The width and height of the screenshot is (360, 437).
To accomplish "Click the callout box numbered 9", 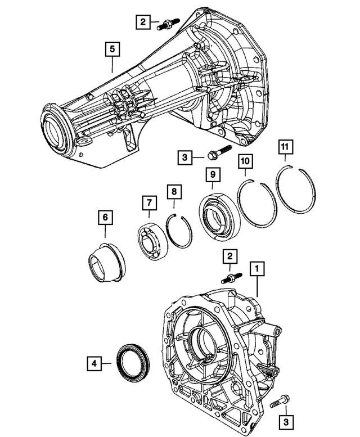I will point(213,175).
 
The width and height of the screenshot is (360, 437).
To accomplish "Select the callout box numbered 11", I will point(287,148).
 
